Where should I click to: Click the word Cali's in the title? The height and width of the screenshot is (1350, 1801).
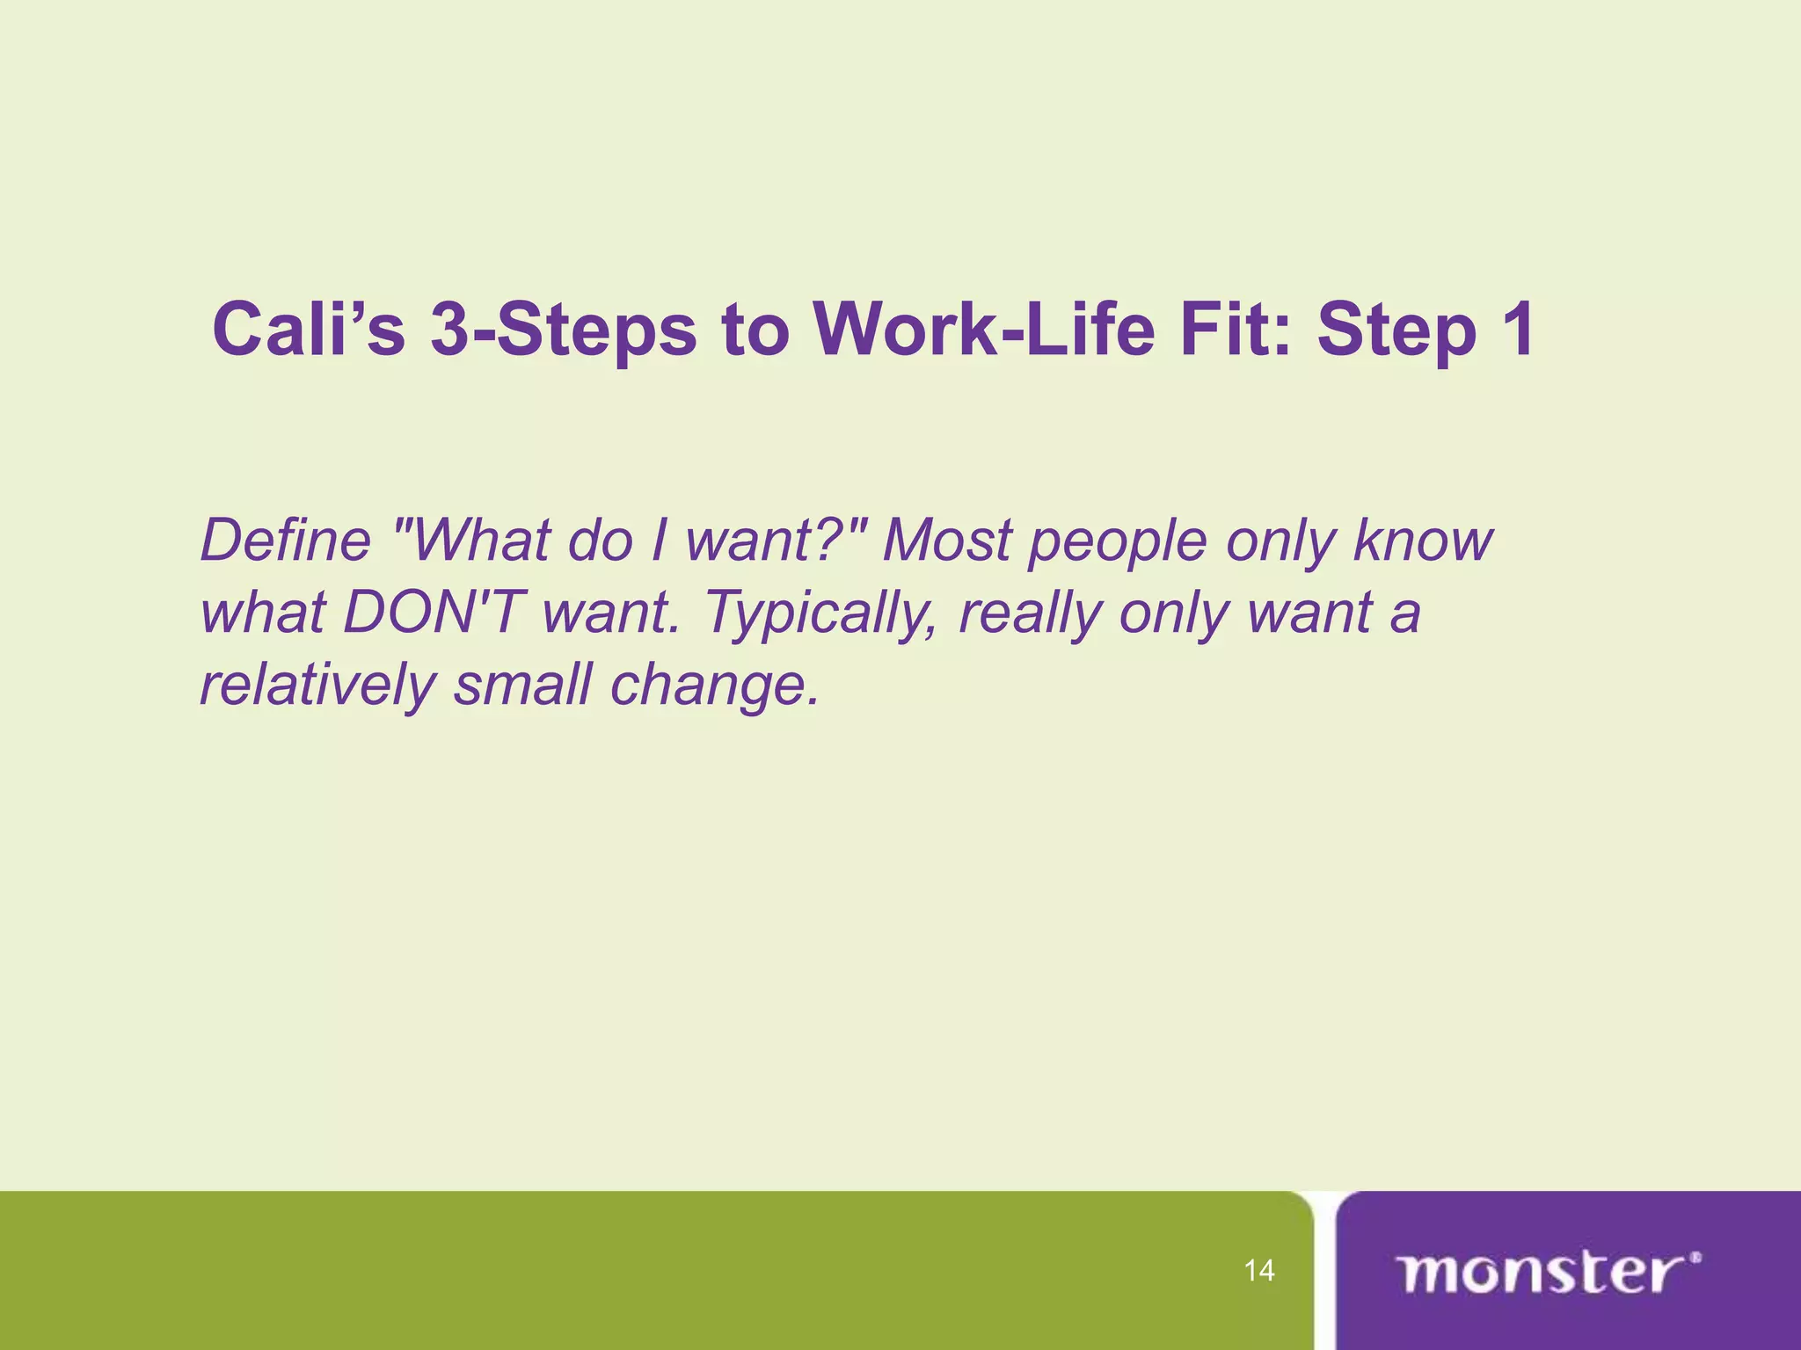point(309,330)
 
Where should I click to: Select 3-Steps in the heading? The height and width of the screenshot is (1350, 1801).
point(563,330)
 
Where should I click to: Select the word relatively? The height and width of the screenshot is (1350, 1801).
point(317,685)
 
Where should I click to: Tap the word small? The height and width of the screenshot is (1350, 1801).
point(522,685)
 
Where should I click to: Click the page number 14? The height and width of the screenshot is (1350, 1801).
point(1259,1270)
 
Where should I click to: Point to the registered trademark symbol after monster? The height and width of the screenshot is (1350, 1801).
point(1695,1258)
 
